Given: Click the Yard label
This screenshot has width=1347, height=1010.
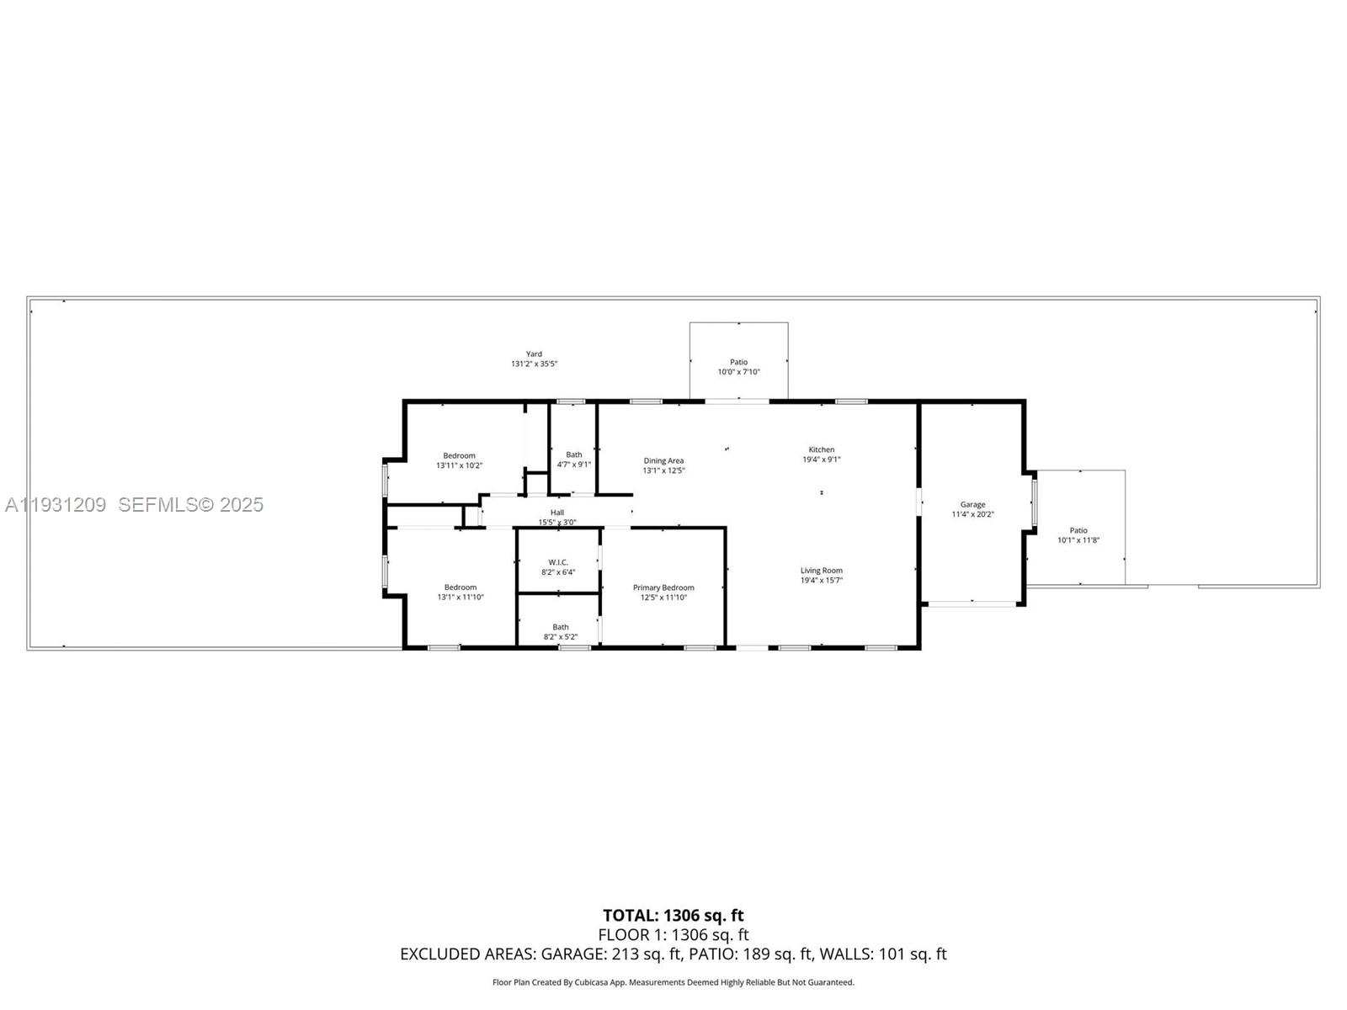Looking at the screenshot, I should coord(534,353).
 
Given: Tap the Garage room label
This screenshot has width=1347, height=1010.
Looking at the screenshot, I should coord(972,504).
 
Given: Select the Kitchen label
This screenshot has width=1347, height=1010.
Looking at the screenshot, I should coord(821,449).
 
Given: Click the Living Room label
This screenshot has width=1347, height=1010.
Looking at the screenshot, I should coord(821,571).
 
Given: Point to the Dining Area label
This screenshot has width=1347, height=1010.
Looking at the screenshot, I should coord(663,460).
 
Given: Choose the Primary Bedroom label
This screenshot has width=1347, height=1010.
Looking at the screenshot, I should coord(663,587).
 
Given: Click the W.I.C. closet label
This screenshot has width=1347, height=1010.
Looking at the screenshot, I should coord(558,562).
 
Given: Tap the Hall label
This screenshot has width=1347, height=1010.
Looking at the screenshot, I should coord(557,512).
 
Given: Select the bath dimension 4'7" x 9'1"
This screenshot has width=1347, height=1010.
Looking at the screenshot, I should coord(574,465).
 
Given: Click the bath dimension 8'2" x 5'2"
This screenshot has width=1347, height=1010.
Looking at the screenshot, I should coord(561,637).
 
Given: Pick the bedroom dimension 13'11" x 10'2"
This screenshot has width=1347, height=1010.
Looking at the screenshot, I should coord(459,465).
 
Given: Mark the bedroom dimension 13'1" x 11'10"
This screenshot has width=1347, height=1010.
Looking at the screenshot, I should coord(461,598).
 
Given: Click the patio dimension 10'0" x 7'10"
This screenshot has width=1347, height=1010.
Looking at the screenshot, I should coord(738,372).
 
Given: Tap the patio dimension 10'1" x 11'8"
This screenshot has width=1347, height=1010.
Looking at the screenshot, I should coord(1078,540).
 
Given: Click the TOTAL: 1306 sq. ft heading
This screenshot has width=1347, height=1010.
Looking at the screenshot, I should coord(673,915).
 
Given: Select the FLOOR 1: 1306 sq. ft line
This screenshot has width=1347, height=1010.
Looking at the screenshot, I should coord(673,935).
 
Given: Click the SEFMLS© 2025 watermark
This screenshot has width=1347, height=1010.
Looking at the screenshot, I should coord(190,504).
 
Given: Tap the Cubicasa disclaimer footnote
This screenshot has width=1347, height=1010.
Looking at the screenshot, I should coord(673,982).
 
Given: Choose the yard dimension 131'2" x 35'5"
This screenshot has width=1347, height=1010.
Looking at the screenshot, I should coord(534,364).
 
